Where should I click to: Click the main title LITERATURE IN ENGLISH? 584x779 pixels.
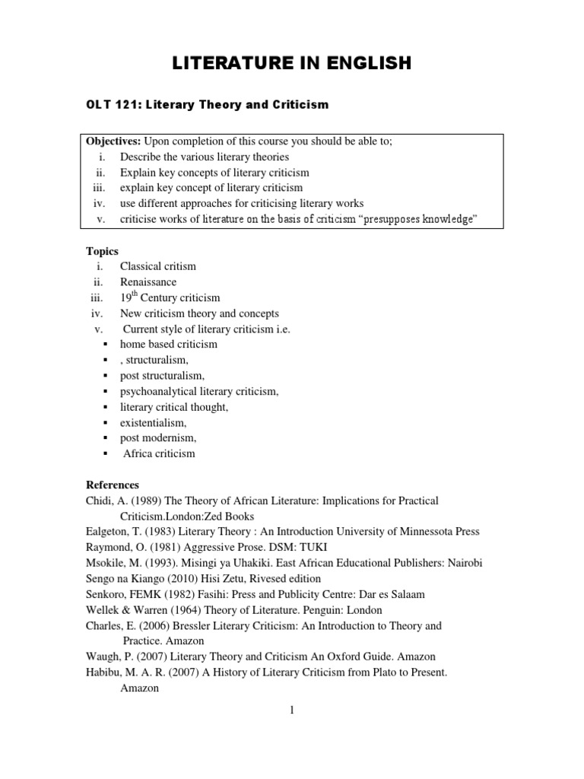[x=292, y=63]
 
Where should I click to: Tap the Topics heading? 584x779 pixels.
[x=103, y=251]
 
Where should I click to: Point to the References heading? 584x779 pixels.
[x=113, y=485]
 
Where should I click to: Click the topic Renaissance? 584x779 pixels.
[x=148, y=282]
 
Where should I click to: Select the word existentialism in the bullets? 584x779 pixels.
[x=153, y=422]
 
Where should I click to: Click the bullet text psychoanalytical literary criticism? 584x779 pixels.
[x=199, y=391]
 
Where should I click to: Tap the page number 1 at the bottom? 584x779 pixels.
[x=291, y=711]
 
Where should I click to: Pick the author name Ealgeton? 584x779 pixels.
[x=113, y=532]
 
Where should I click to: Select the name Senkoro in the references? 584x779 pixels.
[x=110, y=594]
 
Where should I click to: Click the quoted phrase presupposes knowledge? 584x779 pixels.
[x=419, y=220]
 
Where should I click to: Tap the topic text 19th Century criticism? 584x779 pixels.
[x=170, y=298]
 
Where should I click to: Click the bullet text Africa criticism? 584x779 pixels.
[x=159, y=453]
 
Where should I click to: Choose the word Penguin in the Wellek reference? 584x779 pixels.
[x=325, y=610]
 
